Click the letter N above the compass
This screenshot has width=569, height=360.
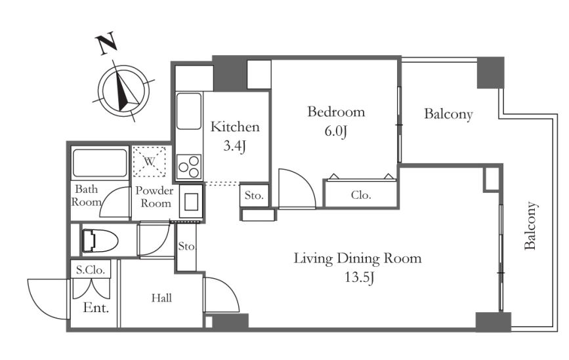pyautogui.click(x=106, y=43)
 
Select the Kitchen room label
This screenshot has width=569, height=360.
pyautogui.click(x=235, y=127)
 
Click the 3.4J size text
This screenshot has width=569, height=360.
pyautogui.click(x=235, y=146)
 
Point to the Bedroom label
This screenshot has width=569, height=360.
pyautogui.click(x=336, y=111)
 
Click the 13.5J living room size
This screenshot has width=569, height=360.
pyautogui.click(x=359, y=277)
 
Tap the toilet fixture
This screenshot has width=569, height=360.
pyautogui.click(x=100, y=240)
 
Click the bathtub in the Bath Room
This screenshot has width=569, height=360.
pyautogui.click(x=100, y=163)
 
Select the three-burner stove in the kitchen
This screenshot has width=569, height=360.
pyautogui.click(x=189, y=167)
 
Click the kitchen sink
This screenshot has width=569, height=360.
pyautogui.click(x=189, y=111)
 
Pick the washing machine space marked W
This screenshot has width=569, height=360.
pyautogui.click(x=150, y=161)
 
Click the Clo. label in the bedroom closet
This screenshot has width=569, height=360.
pyautogui.click(x=361, y=195)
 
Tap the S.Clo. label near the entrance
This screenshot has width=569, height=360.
pyautogui.click(x=91, y=270)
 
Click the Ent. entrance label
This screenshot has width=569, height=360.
pyautogui.click(x=96, y=308)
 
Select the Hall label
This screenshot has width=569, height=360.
pyautogui.click(x=161, y=298)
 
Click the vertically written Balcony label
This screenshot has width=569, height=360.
pyautogui.click(x=530, y=226)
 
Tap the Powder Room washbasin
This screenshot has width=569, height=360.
pyautogui.click(x=191, y=202)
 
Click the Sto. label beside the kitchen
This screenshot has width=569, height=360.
pyautogui.click(x=254, y=196)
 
